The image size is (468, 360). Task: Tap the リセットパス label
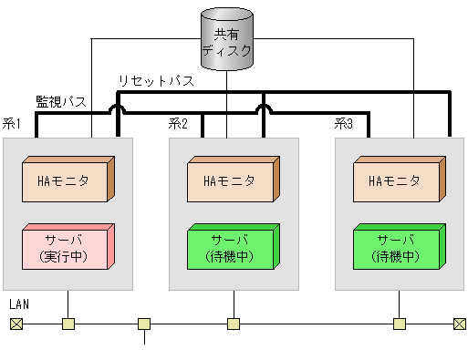point(156,81)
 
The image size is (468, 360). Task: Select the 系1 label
point(12,124)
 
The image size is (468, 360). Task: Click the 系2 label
point(178,124)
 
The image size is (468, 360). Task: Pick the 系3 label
point(343,124)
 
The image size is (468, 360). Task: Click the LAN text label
point(19,303)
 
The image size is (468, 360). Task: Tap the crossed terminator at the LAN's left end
point(16,324)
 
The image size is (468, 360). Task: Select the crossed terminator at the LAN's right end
point(459,324)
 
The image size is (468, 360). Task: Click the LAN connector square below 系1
point(68,324)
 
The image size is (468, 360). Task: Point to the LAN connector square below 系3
point(399,324)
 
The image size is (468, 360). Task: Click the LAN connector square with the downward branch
point(143,324)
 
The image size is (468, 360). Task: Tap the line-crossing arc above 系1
point(119,108)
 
